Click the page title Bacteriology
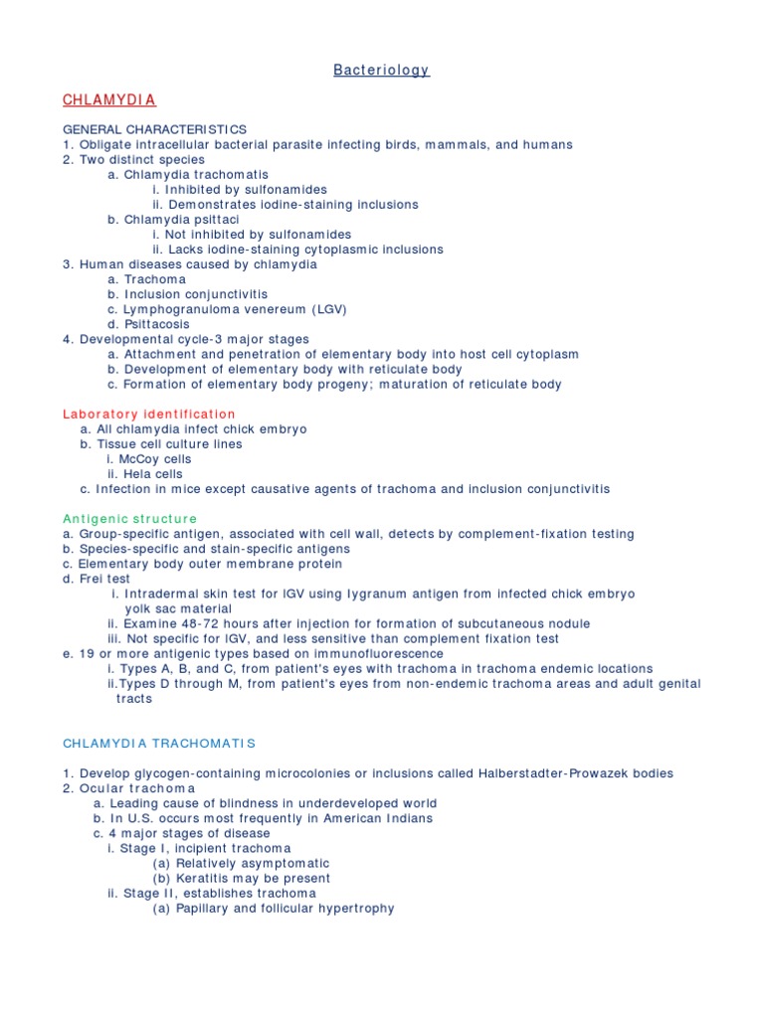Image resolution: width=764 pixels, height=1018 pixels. click(381, 70)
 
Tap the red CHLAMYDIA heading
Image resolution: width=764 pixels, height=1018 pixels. click(109, 100)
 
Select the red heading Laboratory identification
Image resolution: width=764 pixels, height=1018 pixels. click(149, 414)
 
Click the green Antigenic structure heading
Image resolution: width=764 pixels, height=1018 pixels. click(130, 519)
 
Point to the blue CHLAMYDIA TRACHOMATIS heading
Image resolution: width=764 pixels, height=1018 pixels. click(159, 744)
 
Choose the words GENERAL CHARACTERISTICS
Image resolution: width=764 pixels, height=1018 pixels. click(154, 129)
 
